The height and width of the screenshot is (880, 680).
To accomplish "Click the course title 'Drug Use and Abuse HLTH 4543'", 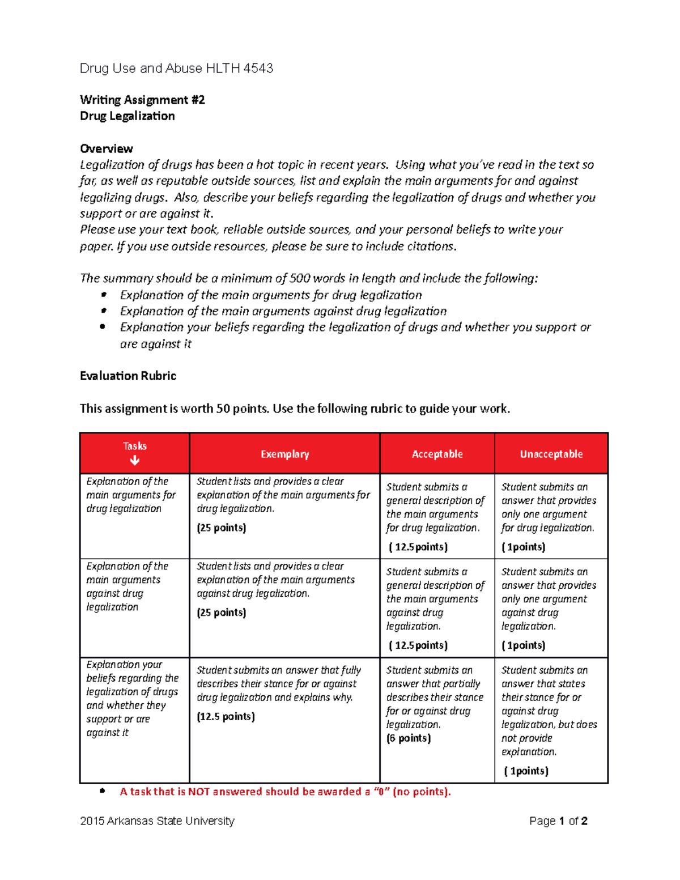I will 176,69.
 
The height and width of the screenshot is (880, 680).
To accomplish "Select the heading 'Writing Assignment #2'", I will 142,100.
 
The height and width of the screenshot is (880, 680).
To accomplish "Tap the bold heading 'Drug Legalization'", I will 127,116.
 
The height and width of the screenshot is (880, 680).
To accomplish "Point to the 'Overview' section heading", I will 107,149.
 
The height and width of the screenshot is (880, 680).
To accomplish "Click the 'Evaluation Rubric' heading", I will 128,376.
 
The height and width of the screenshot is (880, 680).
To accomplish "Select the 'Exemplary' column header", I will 284,454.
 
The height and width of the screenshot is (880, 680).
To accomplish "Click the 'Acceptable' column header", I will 437,454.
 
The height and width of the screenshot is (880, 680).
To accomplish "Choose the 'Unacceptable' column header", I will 551,454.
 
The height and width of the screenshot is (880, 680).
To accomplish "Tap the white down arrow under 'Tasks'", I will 135,461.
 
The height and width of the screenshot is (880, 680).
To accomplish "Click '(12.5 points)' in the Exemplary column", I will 226,717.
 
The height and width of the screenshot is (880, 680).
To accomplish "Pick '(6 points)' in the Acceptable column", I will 409,738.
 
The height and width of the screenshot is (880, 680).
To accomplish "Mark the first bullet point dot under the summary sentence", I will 103,295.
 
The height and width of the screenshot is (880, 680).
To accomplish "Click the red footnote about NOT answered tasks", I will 285,792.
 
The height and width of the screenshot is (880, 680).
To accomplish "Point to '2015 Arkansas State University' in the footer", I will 157,821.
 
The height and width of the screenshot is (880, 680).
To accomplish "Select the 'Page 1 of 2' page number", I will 558,821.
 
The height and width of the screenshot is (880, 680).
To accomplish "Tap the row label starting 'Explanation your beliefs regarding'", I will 132,698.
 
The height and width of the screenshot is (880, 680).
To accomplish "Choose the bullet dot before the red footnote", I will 103,791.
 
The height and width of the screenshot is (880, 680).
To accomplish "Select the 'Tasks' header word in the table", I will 135,446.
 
